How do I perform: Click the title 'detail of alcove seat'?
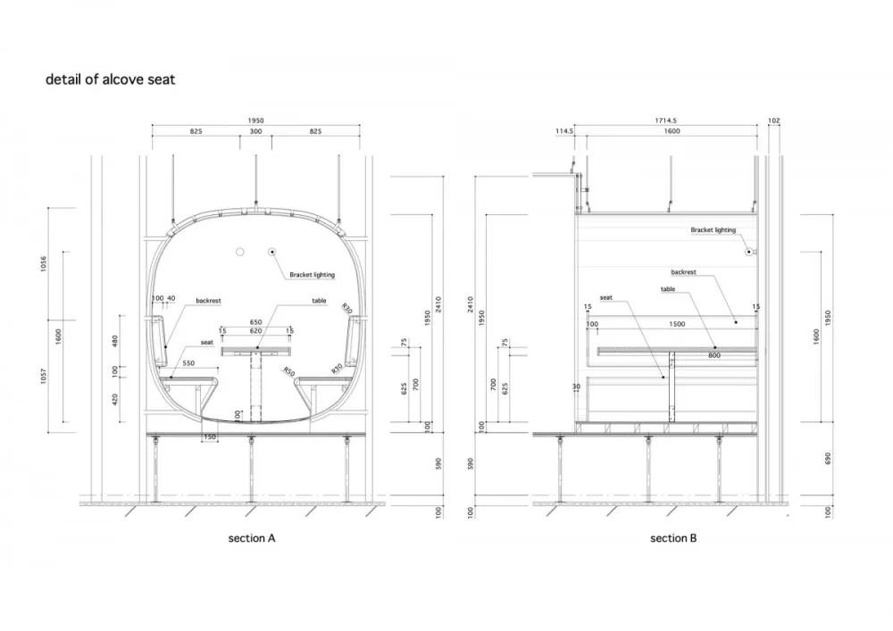coord(111,79)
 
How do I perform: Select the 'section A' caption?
coord(252,538)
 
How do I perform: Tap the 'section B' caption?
coord(673,538)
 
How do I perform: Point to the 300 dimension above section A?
coord(256,131)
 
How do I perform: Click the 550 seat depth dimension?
coord(189,364)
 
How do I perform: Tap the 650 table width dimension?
coord(256,321)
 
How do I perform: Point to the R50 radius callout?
coord(288,369)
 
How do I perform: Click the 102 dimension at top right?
coord(773,120)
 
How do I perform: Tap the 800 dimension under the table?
coord(714,355)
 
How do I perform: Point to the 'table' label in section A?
coord(319,301)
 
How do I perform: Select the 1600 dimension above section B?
coord(672,131)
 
